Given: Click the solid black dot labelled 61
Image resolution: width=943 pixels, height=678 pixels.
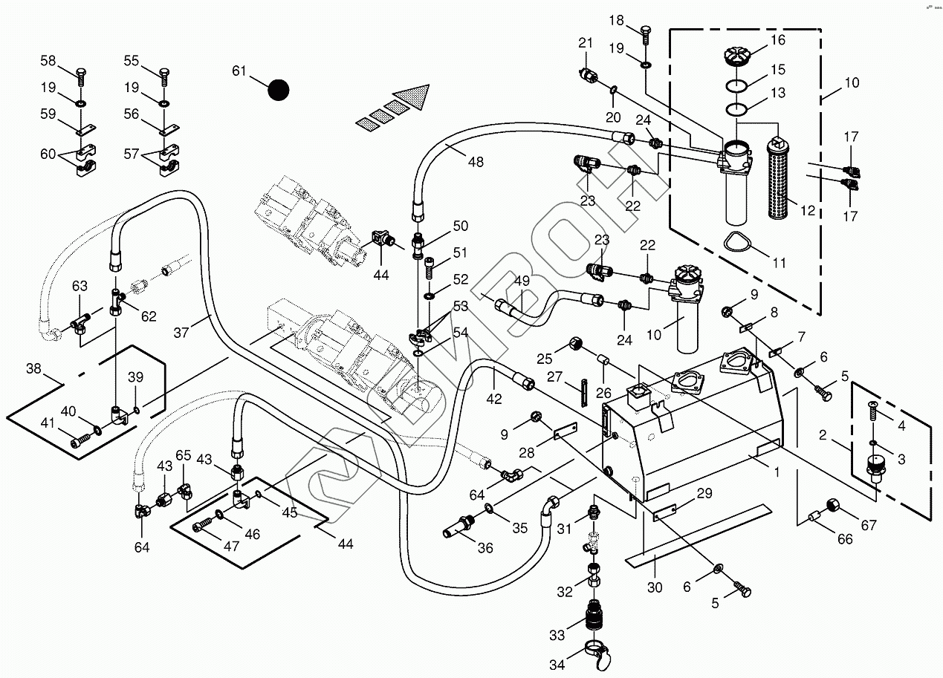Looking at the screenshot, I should pyautogui.click(x=278, y=90).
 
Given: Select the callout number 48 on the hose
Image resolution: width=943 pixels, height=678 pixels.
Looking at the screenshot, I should pyautogui.click(x=476, y=161).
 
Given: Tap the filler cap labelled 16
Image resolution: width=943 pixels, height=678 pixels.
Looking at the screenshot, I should pyautogui.click(x=735, y=55).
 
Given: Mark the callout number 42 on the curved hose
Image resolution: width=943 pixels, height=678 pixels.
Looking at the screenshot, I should pyautogui.click(x=494, y=399).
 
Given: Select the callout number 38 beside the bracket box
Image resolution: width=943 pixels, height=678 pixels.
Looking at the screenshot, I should pyautogui.click(x=33, y=368).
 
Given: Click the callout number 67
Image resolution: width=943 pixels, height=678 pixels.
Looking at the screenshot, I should pyautogui.click(x=869, y=525).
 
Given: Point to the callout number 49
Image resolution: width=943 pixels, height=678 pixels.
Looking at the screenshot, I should pyautogui.click(x=522, y=281).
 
